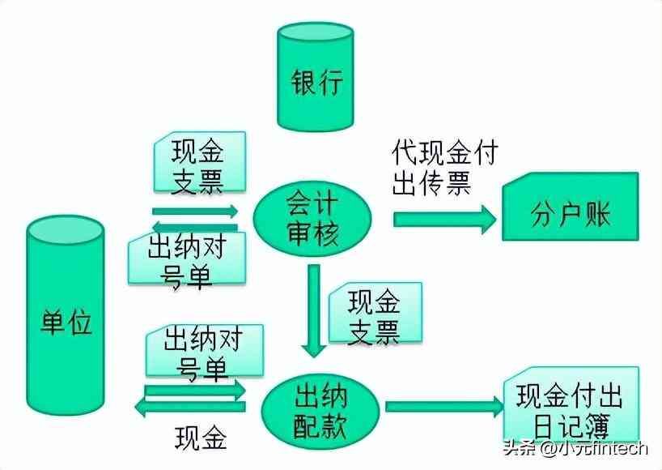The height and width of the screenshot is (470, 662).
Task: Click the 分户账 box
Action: tap(570, 216)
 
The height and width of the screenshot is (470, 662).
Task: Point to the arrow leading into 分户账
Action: tap(444, 219)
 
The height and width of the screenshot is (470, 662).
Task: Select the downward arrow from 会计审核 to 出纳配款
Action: tap(313, 312)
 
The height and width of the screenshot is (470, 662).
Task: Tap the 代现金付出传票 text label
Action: tap(443, 168)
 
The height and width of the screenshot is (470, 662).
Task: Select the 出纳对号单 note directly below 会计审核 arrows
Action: tap(188, 261)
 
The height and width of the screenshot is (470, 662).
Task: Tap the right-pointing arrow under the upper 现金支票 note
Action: tap(195, 211)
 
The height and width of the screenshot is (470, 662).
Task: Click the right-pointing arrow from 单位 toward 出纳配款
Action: tap(194, 393)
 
